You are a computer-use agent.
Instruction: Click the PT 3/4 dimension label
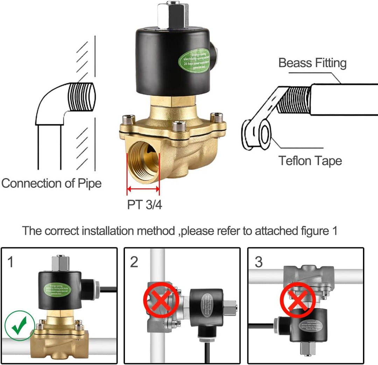[x=145, y=204]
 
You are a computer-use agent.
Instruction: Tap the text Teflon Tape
[x=310, y=161]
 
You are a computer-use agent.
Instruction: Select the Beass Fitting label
[x=312, y=63]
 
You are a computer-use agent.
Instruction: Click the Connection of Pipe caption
[x=51, y=183]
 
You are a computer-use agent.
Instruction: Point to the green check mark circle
[x=20, y=326]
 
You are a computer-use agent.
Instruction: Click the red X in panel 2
[x=161, y=300]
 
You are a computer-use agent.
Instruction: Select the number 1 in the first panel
[x=10, y=262]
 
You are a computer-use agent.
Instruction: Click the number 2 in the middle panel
[x=134, y=262]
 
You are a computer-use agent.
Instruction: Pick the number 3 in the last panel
[x=258, y=262]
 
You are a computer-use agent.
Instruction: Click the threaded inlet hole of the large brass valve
[x=143, y=161]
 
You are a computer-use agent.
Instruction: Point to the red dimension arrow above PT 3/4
[x=143, y=189]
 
